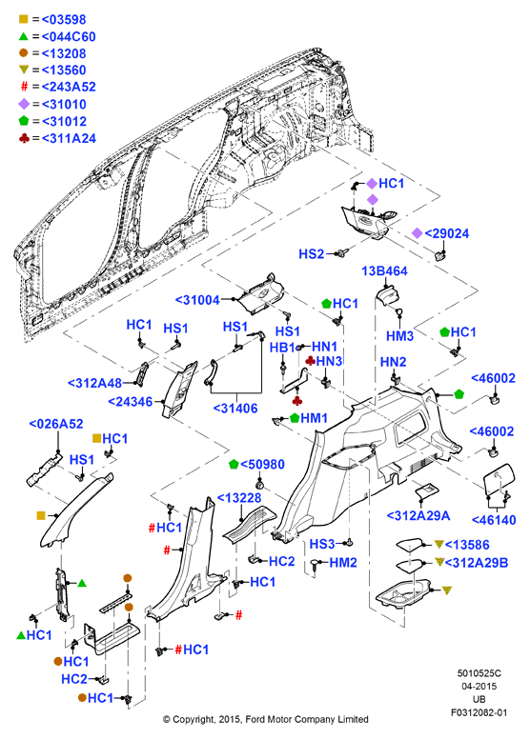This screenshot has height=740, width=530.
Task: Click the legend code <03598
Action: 64,20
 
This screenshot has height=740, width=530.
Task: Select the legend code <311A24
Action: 69,138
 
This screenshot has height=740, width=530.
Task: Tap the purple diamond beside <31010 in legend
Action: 24,104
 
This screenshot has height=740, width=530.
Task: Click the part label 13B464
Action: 384,271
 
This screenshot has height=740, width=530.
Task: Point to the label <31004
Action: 197,300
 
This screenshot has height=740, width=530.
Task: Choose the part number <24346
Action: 131,402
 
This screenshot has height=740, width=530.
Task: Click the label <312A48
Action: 95,383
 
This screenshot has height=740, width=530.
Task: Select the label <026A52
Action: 56,424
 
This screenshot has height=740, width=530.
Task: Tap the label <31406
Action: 235,409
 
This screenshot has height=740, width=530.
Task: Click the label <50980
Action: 263,465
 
